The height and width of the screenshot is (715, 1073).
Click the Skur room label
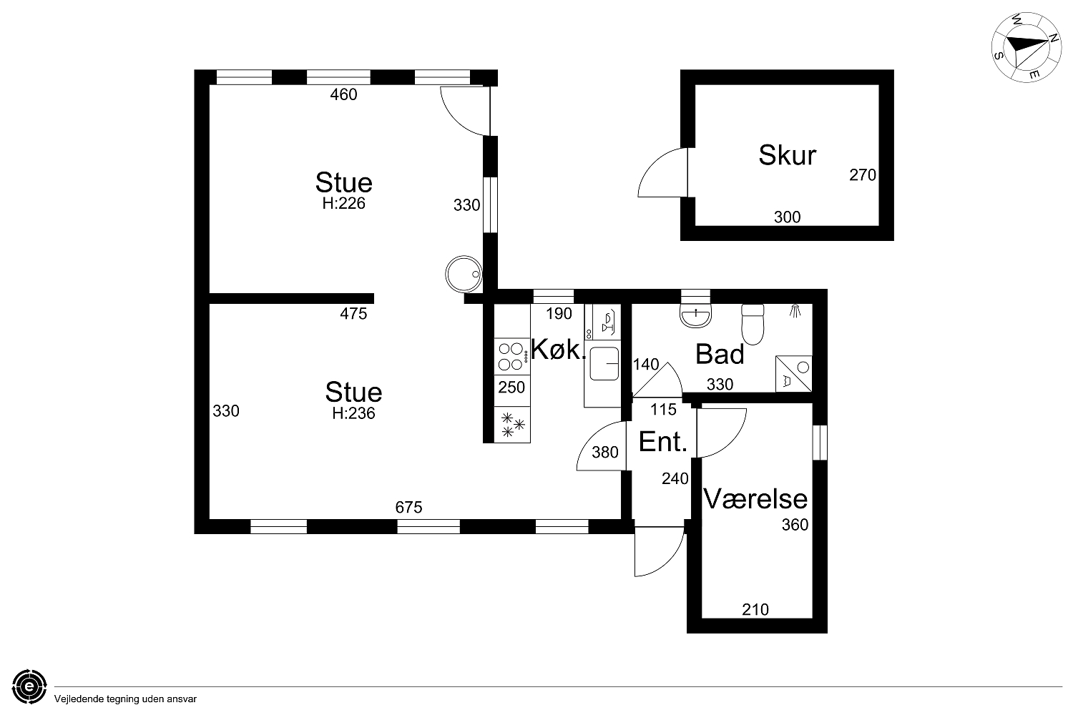tap(787, 155)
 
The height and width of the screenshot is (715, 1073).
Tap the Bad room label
tap(720, 355)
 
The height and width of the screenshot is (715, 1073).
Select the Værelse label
tap(755, 499)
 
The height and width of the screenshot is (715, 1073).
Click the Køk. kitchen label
tap(559, 349)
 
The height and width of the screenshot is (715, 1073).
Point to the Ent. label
tap(663, 442)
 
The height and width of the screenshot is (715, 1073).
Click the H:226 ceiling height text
tap(343, 204)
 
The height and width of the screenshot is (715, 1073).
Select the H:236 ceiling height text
tap(353, 413)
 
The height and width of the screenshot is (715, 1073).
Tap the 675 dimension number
tap(408, 507)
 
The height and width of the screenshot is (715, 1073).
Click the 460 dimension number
tap(343, 95)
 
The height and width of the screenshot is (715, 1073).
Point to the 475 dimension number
tap(353, 314)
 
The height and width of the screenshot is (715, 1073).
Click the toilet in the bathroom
tap(753, 324)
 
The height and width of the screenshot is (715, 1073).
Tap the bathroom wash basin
tap(695, 315)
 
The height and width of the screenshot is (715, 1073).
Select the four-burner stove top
tap(511, 357)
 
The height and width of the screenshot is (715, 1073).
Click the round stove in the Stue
tap(464, 275)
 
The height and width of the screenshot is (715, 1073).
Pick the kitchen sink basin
tap(604, 363)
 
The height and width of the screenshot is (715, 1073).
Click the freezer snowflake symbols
tap(512, 425)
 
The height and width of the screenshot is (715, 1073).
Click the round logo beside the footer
tap(29, 686)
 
